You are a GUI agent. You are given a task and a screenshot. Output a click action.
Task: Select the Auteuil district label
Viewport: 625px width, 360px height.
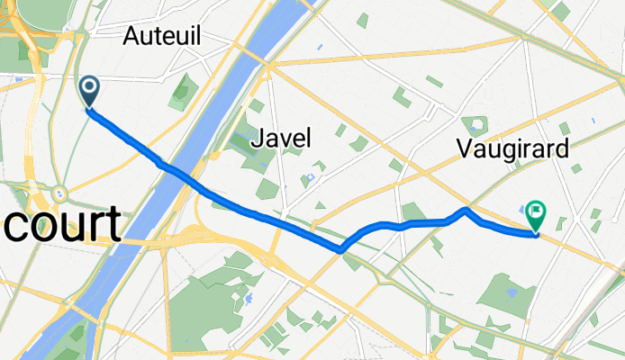[x=162, y=36]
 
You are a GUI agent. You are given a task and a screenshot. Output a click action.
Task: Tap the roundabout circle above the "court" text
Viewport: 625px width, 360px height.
[x=60, y=193]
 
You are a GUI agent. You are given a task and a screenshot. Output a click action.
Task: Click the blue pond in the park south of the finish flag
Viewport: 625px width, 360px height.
[x=512, y=292]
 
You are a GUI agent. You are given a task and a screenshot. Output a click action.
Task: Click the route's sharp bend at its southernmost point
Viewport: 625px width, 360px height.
[x=341, y=249]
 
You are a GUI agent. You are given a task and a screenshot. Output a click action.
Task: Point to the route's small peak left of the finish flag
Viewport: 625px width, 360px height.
[x=465, y=210]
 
